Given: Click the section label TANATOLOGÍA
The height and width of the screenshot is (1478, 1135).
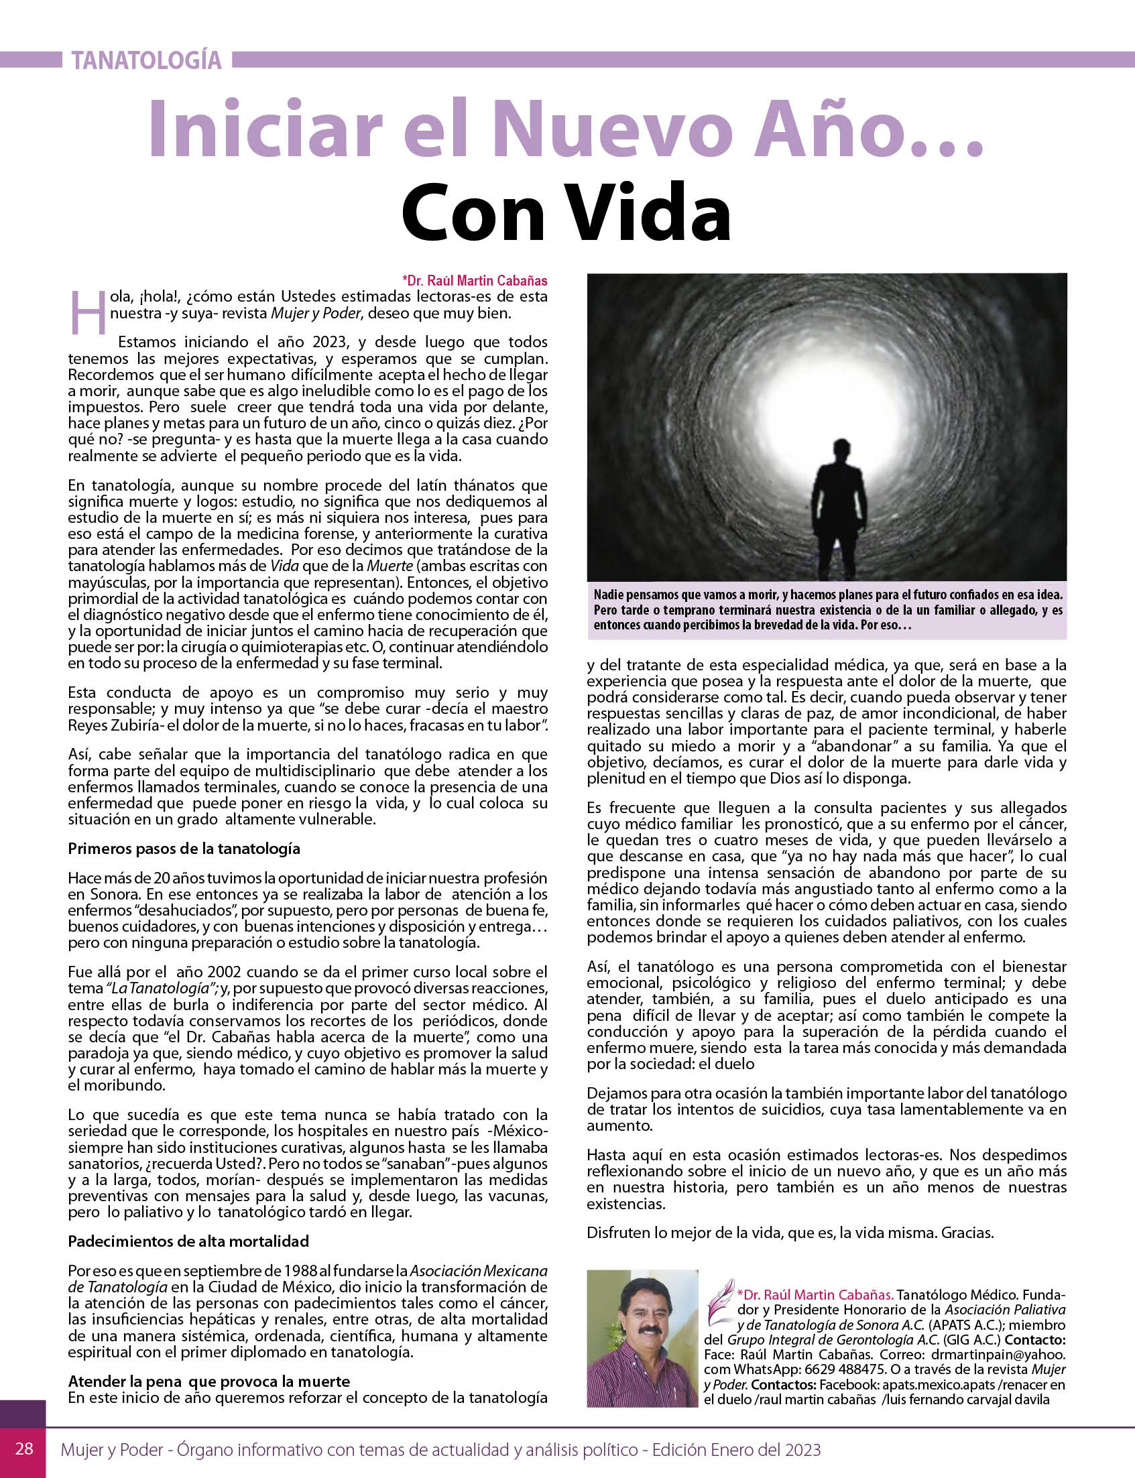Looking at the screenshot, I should point(147,61).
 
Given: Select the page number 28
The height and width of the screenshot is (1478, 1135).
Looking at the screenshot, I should point(24,1449).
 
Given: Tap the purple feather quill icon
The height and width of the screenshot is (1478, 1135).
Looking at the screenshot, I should point(720,1300).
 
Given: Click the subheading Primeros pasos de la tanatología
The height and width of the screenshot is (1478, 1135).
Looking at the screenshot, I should point(184,849).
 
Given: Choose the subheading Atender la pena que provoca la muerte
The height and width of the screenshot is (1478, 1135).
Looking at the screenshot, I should point(208,1381).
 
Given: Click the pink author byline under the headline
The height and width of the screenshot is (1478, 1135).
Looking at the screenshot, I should point(474,280).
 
